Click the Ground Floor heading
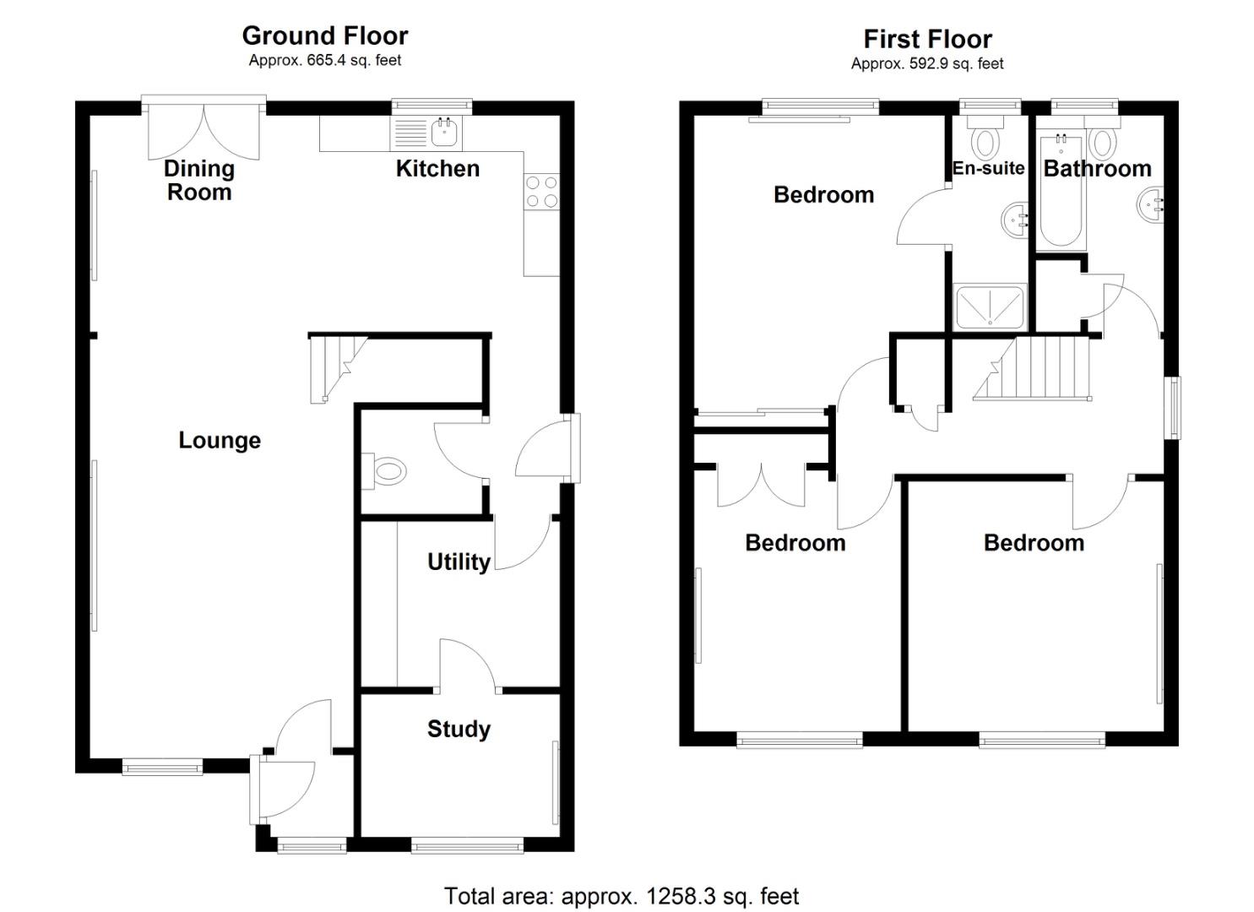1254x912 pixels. point(324,35)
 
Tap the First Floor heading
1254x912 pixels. point(927,39)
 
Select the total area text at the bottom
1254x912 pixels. point(621,896)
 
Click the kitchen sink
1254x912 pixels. point(444,132)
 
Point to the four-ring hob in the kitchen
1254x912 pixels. point(540,191)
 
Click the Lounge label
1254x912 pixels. point(220,440)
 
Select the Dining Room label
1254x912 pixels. point(198,180)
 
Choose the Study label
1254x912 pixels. point(459,729)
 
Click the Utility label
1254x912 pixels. point(459,562)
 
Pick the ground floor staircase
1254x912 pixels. point(335,365)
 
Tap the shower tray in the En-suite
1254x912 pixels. point(989,307)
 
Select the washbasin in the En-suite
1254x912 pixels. point(1015,221)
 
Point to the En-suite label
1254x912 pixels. point(988,168)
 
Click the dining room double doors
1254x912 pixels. point(204,131)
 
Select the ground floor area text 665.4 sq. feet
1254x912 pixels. point(324,60)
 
